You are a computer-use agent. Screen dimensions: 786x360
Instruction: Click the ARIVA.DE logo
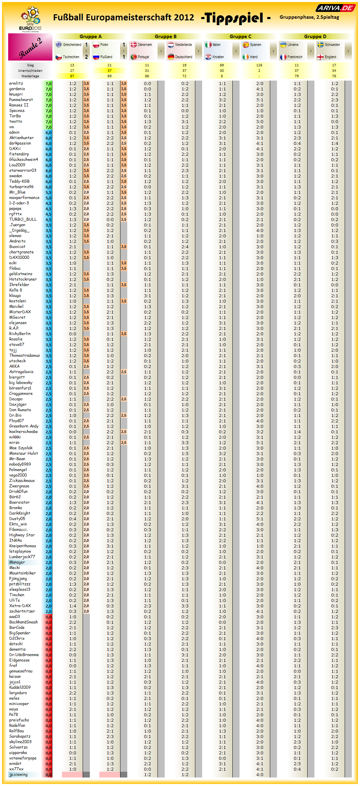tap(335, 8)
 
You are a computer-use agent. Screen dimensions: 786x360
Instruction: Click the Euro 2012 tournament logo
tap(30, 19)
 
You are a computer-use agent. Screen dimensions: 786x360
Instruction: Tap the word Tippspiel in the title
tap(234, 18)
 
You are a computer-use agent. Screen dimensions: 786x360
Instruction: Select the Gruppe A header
tap(91, 36)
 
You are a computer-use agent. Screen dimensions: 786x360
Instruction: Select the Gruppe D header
tap(315, 36)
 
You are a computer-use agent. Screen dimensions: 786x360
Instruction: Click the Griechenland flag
tap(59, 45)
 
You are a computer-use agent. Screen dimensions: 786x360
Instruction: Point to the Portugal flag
tap(134, 57)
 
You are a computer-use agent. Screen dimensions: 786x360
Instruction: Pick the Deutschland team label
tap(183, 57)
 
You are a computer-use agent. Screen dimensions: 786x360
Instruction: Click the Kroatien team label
tap(218, 57)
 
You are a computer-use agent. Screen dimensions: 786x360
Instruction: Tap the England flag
tap(321, 57)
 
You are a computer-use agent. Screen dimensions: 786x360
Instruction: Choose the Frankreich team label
tap(295, 57)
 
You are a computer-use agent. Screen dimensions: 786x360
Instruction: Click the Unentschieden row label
tap(30, 71)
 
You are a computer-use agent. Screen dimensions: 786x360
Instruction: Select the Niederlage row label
tap(30, 76)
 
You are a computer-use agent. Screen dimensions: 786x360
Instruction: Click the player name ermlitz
tap(16, 83)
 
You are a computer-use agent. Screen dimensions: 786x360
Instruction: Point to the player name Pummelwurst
tap(21, 100)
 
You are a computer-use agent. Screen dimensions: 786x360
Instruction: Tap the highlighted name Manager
tap(17, 562)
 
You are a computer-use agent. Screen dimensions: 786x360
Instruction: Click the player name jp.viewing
tap(18, 774)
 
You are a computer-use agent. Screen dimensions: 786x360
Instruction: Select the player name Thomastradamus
tap(24, 355)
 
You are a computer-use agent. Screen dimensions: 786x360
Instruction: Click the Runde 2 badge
tap(30, 47)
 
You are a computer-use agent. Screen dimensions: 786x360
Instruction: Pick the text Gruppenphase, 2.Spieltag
tap(309, 17)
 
